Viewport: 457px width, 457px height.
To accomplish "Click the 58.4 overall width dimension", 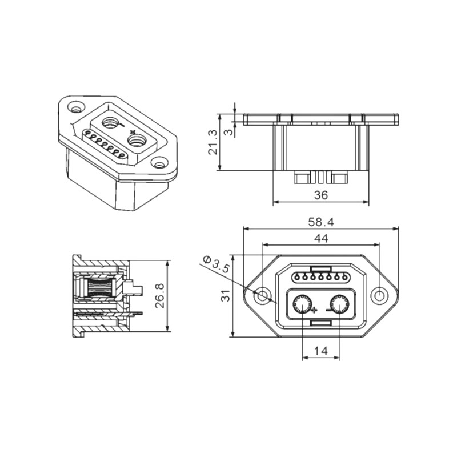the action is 321,222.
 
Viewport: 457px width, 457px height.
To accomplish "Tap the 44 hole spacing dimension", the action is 321,238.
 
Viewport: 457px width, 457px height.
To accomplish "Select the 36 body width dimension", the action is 321,195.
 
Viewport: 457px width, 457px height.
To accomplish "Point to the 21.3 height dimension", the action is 213,142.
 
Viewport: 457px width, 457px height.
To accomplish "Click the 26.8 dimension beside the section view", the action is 160,295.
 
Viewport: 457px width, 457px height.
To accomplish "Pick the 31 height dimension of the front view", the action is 226,295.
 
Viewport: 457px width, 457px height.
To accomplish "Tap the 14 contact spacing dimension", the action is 321,351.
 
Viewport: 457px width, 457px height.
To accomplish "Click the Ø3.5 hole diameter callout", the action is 217,264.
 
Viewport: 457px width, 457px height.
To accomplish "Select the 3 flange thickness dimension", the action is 230,132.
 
